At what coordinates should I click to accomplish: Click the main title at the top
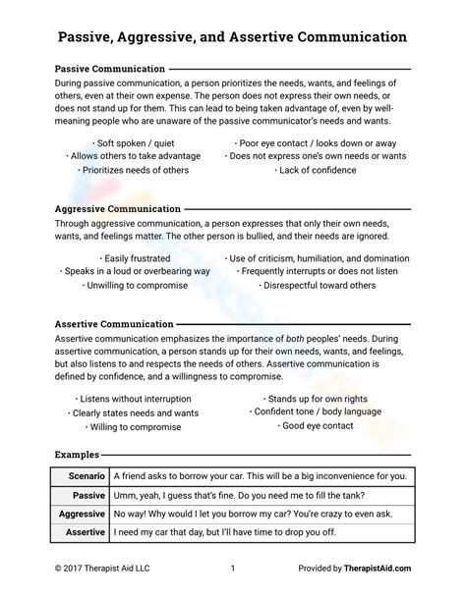232,36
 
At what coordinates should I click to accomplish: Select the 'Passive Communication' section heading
109,70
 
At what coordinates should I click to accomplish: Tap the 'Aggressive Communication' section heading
117,209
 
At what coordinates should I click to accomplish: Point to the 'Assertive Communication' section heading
113,323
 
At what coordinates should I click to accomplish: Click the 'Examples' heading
76,456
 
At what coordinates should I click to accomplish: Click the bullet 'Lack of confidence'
317,170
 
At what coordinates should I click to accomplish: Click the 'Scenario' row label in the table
82,476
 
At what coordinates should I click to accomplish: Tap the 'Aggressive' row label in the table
81,514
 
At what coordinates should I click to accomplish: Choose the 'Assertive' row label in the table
84,533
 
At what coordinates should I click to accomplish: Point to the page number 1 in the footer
233,568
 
